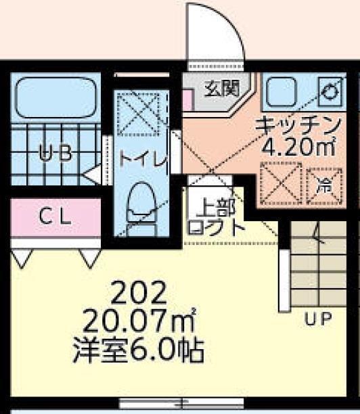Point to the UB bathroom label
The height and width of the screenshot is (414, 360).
click(x=55, y=153)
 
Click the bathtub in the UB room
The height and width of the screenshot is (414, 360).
click(x=56, y=99)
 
